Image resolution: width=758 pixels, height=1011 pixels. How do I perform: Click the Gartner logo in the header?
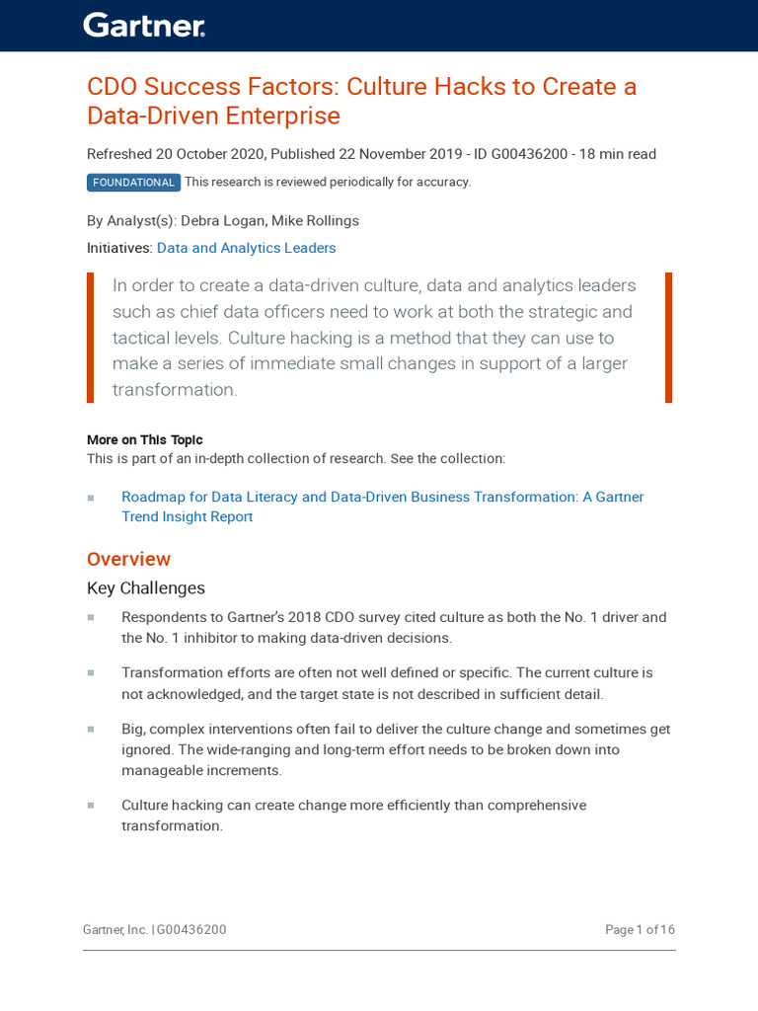(143, 26)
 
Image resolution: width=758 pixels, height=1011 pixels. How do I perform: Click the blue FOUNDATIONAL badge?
(133, 183)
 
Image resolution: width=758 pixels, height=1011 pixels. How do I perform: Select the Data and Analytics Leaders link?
(246, 249)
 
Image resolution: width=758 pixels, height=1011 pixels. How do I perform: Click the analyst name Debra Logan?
(221, 221)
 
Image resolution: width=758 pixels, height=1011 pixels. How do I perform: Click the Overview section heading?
(128, 560)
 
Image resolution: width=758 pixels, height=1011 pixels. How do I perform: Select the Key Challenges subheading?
(146, 588)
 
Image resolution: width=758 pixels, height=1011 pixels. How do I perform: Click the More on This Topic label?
(144, 440)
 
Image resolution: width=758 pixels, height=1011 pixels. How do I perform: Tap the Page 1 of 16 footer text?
(640, 930)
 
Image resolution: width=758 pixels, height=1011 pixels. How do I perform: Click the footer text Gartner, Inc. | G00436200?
(155, 930)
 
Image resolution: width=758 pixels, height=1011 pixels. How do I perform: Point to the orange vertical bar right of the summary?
(668, 338)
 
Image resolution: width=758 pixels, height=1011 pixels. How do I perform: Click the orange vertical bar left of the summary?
(91, 338)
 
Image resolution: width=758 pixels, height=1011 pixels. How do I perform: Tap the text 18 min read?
(618, 154)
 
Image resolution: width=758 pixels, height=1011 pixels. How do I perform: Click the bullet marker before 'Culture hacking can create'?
(91, 806)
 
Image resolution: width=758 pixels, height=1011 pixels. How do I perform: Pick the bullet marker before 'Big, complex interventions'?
(91, 730)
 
